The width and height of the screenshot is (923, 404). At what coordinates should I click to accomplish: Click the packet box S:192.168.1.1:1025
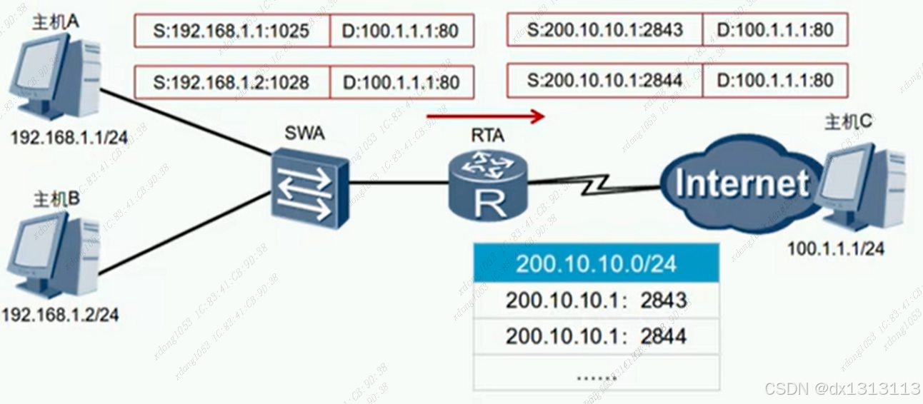(x=231, y=31)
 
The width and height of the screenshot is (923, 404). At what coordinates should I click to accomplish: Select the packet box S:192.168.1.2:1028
(x=231, y=82)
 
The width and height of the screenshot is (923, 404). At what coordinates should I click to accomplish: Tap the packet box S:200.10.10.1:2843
(x=604, y=30)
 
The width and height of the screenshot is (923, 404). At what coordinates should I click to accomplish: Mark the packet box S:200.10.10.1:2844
(x=604, y=80)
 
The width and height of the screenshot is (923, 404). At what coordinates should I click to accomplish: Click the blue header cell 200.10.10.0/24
(x=596, y=263)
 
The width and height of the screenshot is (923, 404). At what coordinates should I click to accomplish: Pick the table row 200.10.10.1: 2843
(x=596, y=301)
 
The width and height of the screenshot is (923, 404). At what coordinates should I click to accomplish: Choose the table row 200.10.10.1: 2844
(x=596, y=336)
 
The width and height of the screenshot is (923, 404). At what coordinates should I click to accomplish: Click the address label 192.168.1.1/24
(x=69, y=138)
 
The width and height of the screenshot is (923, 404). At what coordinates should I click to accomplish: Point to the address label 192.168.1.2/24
(x=61, y=315)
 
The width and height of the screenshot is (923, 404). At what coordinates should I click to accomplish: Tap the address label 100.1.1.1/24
(x=835, y=249)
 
